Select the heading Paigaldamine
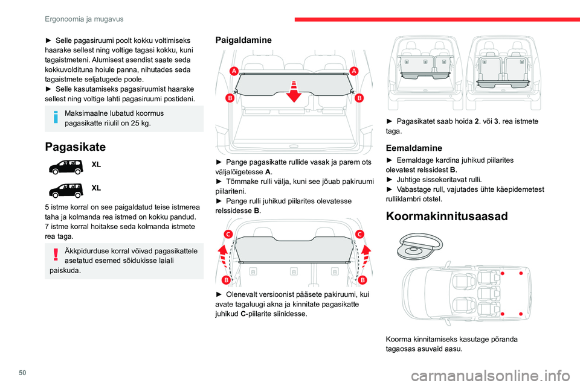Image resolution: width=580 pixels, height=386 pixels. [x=243, y=39]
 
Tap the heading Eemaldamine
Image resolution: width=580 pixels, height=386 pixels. [x=416, y=147]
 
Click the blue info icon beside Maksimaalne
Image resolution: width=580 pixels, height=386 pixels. [x=56, y=117]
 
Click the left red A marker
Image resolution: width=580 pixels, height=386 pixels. [x=233, y=71]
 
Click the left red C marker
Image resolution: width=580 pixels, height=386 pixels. [x=228, y=233]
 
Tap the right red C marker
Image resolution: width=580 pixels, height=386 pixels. [x=360, y=233]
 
